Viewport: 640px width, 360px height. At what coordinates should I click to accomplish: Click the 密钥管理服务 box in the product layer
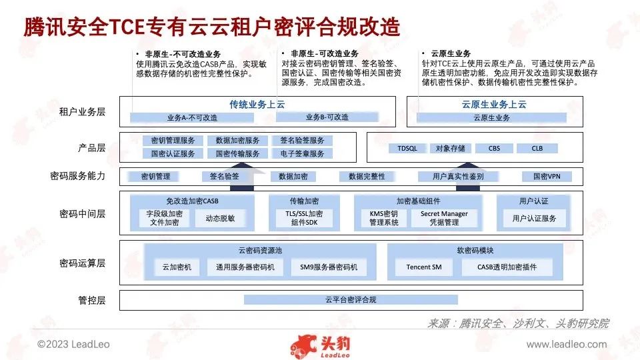tap(173, 141)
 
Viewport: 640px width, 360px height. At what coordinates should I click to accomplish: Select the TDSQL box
tap(407, 148)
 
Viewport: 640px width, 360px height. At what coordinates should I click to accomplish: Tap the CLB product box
tap(537, 148)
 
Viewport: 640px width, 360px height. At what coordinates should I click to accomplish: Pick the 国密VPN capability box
tap(547, 176)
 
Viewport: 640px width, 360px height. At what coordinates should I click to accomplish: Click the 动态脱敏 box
tap(220, 219)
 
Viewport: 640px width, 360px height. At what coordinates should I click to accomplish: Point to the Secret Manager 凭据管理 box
tap(444, 219)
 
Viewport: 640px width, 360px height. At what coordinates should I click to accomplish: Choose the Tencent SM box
tap(424, 267)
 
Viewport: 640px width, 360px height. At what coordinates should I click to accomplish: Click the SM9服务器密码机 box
tap(329, 267)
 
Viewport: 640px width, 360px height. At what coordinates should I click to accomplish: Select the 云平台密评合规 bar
tap(351, 299)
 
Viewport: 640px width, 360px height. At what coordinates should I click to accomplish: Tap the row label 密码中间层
tap(82, 213)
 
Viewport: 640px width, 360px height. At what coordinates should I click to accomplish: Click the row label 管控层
tap(92, 301)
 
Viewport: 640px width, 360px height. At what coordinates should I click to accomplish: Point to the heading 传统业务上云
tap(257, 105)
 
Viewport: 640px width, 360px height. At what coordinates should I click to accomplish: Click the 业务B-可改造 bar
tap(327, 117)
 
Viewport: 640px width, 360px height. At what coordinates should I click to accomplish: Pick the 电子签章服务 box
tap(302, 153)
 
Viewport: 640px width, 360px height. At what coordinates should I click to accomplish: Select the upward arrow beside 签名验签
tap(243, 176)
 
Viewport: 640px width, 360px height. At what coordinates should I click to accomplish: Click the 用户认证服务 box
tap(534, 219)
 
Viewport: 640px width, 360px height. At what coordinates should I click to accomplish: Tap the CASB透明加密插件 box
tap(507, 267)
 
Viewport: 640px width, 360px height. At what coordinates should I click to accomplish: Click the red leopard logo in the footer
tap(304, 347)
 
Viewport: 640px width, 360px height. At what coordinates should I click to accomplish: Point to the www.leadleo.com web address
tap(567, 345)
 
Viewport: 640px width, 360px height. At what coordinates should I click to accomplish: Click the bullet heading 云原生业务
tap(451, 53)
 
